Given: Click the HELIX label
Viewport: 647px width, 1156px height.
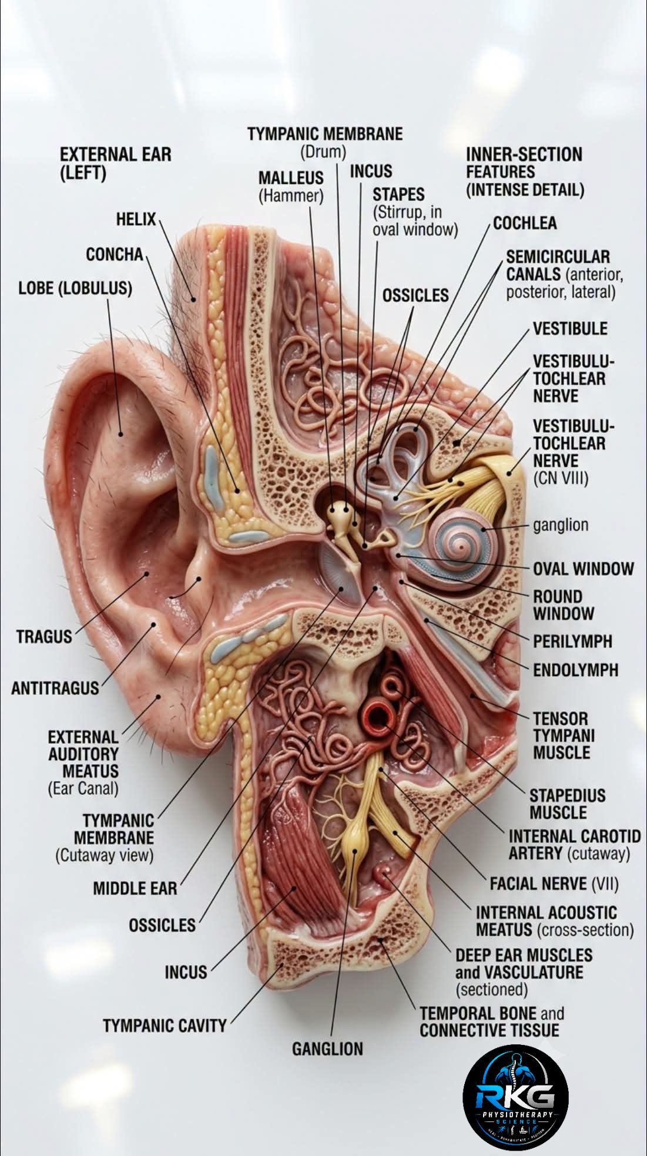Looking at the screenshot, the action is coord(136,220).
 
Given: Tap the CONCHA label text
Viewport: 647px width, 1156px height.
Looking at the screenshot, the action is coord(115,254).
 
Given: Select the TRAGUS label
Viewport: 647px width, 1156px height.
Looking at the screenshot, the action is coord(44,636).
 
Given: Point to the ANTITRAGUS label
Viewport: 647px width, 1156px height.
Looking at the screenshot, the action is coord(55,688).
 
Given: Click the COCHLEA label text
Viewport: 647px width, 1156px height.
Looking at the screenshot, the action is coord(525,223).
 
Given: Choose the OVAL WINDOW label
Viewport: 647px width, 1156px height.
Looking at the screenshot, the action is coord(584,569).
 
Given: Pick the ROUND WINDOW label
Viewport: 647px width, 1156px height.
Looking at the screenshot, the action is coord(564,605).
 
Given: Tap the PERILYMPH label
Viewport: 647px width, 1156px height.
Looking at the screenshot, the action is coord(572,641).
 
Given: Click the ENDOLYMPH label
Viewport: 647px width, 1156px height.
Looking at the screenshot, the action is coord(575,670).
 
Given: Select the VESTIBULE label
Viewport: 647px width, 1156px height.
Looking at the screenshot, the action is coord(570,328).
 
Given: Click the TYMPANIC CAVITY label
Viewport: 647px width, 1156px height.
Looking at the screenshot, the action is coord(165,1026).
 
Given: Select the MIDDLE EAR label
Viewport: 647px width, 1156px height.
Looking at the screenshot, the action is coord(135,888).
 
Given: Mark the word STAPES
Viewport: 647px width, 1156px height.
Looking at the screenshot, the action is coord(398,194).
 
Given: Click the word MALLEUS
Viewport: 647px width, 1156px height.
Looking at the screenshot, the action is coord(291,177).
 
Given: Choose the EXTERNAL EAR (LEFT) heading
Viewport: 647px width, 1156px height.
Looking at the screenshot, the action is coord(116,164).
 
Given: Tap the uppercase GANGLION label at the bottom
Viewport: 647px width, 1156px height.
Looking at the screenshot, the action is coord(327,1049).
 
